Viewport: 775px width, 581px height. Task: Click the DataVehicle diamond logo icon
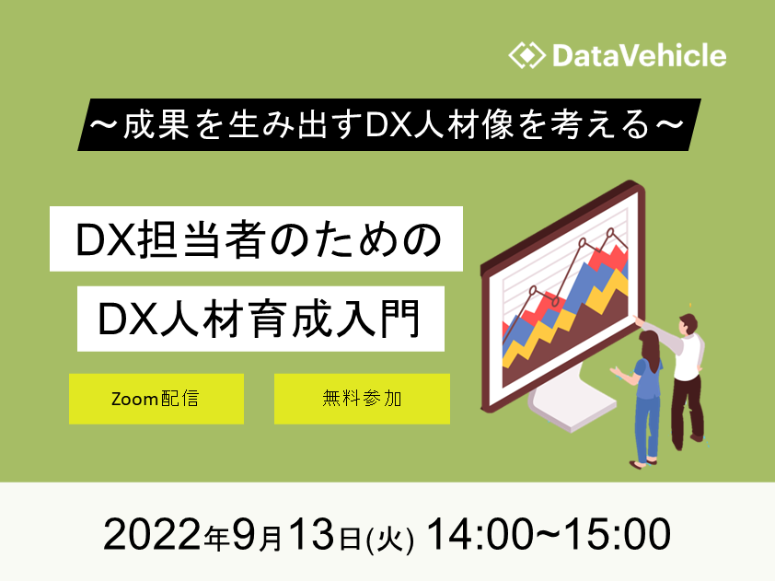point(526,55)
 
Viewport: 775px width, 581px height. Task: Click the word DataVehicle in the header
point(640,55)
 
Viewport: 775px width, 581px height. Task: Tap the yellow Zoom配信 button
point(156,399)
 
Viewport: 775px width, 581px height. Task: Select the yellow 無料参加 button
point(362,399)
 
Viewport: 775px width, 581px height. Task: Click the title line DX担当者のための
point(256,238)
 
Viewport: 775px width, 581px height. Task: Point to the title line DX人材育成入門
point(260,319)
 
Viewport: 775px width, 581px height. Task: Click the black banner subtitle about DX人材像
point(389,124)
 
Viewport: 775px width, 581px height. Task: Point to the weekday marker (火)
point(389,539)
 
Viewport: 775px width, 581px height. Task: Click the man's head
point(688,325)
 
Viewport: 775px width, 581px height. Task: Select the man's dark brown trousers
point(687,412)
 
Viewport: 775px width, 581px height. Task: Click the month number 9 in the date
point(243,535)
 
